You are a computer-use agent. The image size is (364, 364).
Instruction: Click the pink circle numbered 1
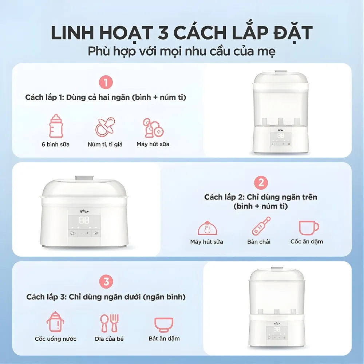pyautogui.click(x=106, y=83)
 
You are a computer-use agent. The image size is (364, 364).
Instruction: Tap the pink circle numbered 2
pyautogui.click(x=261, y=182)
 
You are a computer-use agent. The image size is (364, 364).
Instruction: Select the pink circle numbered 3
pyautogui.click(x=106, y=281)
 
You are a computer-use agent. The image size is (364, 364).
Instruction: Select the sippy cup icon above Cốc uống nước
pyautogui.click(x=55, y=322)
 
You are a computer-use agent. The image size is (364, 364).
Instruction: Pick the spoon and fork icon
pyautogui.click(x=109, y=323)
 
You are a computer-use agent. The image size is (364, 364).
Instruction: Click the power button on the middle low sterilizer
pyautogui.click(x=72, y=233)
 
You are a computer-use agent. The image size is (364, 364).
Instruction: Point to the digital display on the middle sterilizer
pyautogui.click(x=84, y=220)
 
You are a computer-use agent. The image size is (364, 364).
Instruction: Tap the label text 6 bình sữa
pyautogui.click(x=56, y=144)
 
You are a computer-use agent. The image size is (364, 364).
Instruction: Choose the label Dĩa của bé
pyautogui.click(x=109, y=339)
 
